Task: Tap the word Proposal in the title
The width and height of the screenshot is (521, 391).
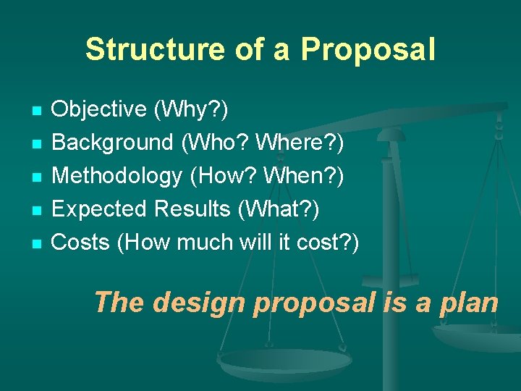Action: click(368, 50)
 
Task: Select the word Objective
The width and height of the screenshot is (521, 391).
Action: click(99, 109)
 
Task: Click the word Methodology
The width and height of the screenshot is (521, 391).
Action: click(117, 176)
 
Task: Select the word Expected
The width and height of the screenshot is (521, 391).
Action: click(102, 209)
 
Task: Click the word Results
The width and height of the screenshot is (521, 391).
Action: click(195, 209)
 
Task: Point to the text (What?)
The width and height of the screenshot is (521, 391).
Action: click(279, 209)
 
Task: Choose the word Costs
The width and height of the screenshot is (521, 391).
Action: click(80, 243)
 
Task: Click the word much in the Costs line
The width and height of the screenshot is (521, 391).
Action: click(215, 243)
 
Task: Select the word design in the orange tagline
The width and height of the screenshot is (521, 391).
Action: click(198, 302)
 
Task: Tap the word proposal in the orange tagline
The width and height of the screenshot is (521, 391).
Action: click(315, 302)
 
